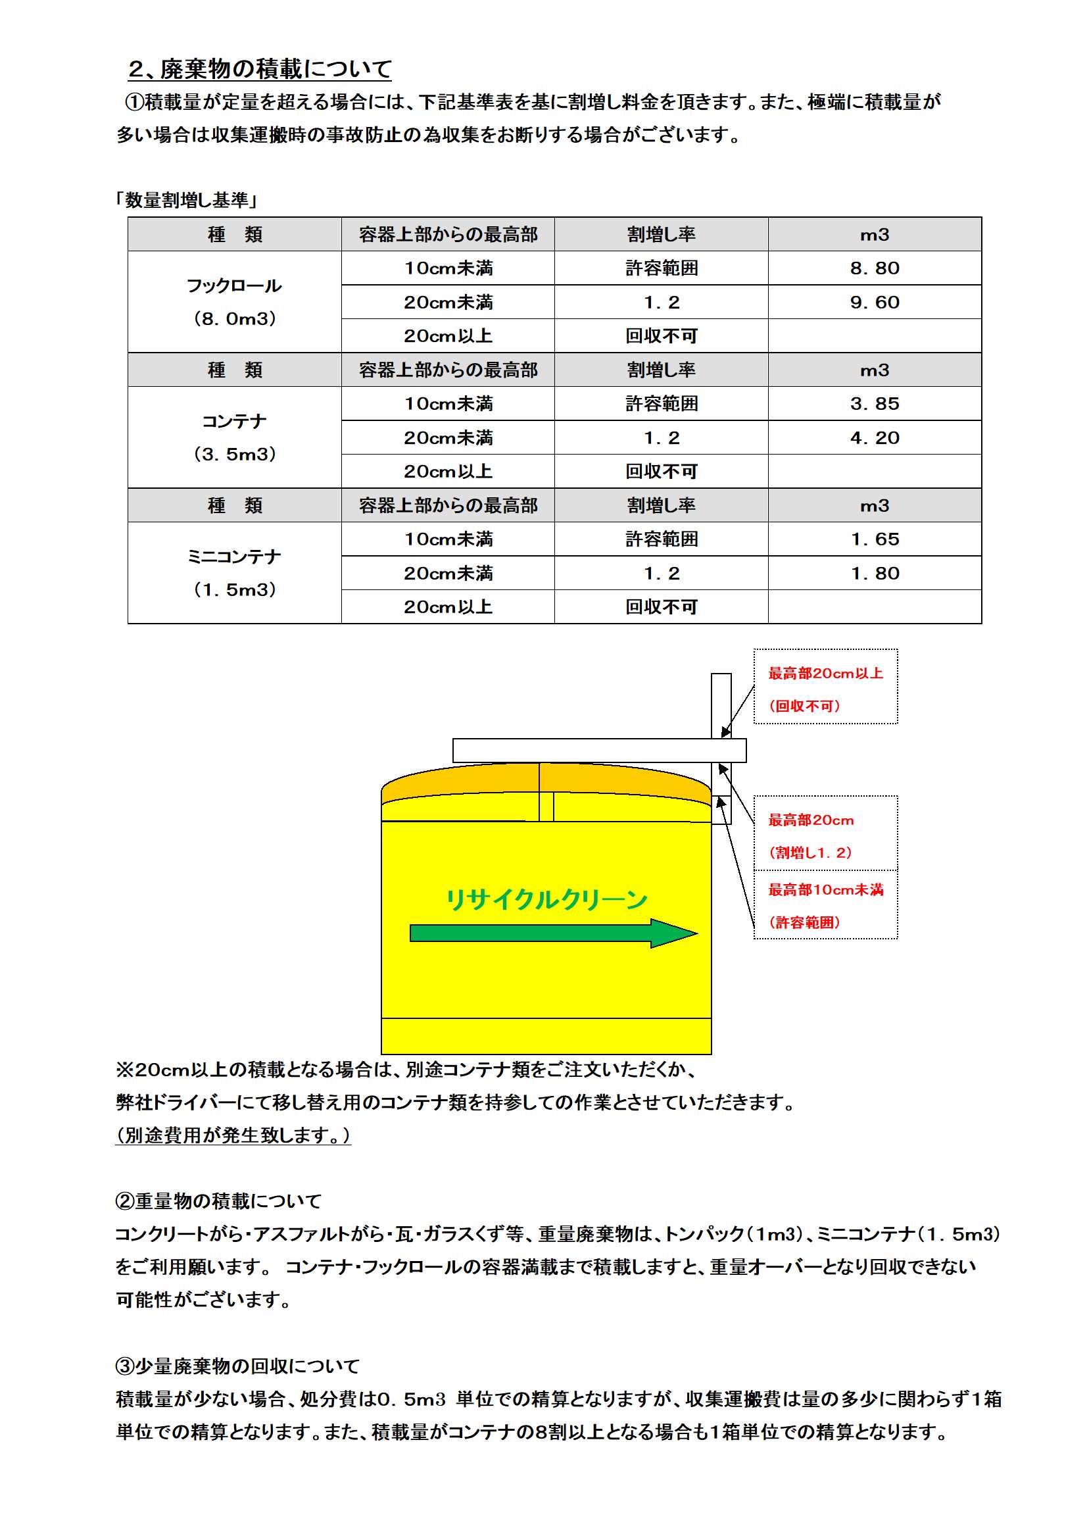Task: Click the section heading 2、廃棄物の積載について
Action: [260, 68]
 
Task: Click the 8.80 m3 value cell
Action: [874, 268]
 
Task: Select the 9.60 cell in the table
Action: [874, 302]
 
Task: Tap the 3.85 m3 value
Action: [874, 403]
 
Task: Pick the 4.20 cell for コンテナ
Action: [874, 437]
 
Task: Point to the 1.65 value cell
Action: [874, 539]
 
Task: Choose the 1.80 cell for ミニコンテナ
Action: [874, 573]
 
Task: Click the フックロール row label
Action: [233, 286]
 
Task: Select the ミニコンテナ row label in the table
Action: [233, 557]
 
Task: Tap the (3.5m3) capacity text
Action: [234, 454]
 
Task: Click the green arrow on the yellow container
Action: [552, 933]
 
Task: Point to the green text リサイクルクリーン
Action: [546, 899]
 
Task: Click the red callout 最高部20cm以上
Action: [825, 673]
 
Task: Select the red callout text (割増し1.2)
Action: [810, 853]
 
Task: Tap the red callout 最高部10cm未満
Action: [825, 889]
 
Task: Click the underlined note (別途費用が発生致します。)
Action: [233, 1135]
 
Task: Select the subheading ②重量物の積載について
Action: [218, 1201]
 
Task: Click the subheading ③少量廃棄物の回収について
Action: [238, 1366]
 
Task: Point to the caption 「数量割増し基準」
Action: [187, 199]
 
